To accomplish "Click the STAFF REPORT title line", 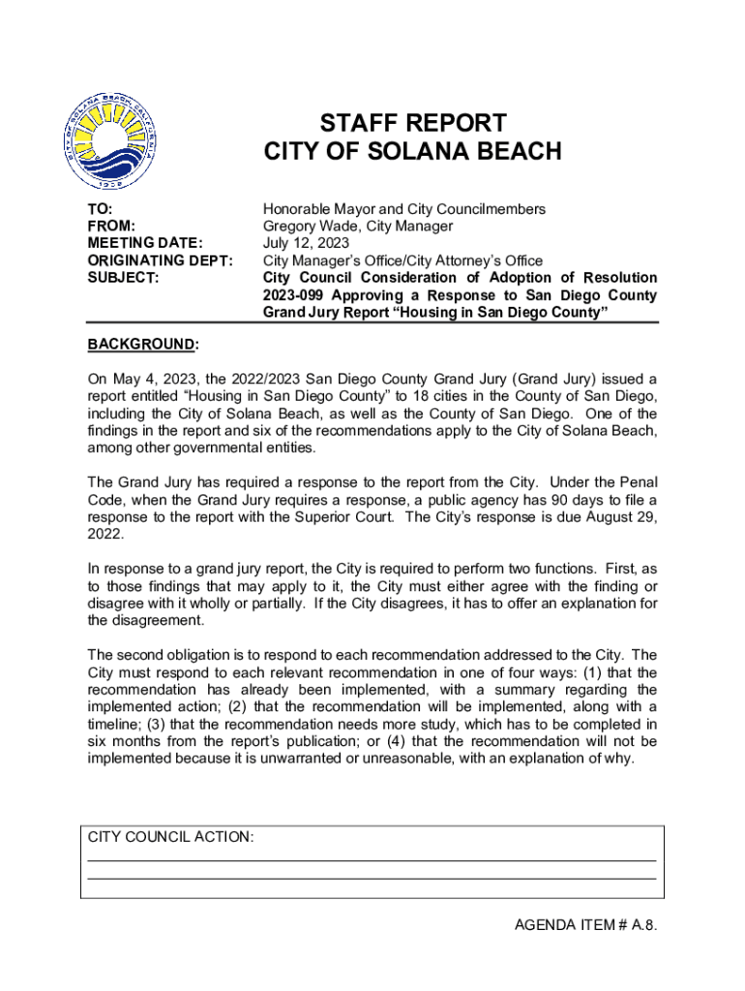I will [x=413, y=123].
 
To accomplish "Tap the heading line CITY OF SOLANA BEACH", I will [x=413, y=152].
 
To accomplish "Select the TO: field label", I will [x=100, y=209].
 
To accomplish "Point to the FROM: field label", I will [x=111, y=226].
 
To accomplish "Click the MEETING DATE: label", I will [x=145, y=244].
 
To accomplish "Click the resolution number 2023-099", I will [x=295, y=295].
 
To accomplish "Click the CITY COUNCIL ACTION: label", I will [x=170, y=837].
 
